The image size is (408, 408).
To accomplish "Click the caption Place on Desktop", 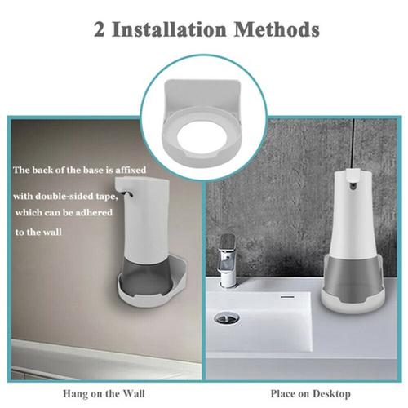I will coord(305,392).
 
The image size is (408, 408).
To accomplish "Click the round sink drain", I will coord(226,317).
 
